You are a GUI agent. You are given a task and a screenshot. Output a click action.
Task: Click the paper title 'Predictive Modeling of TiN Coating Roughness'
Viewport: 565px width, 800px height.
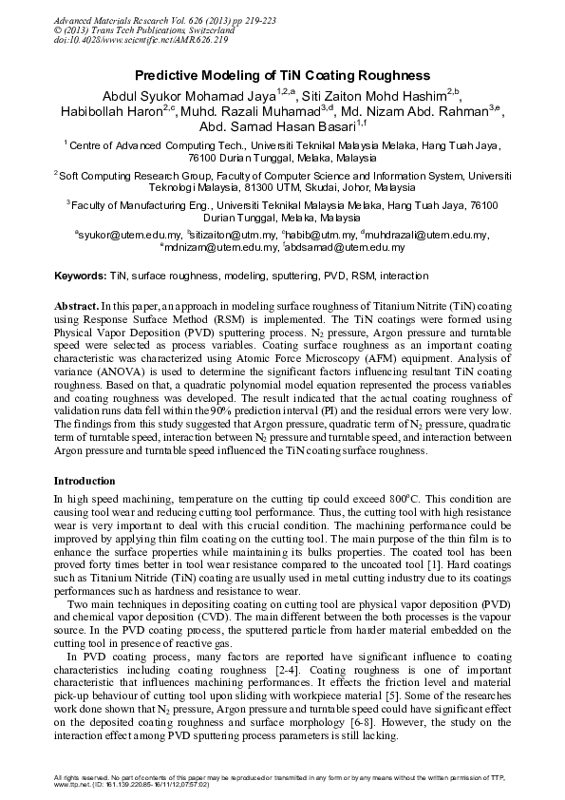pos(282,74)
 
